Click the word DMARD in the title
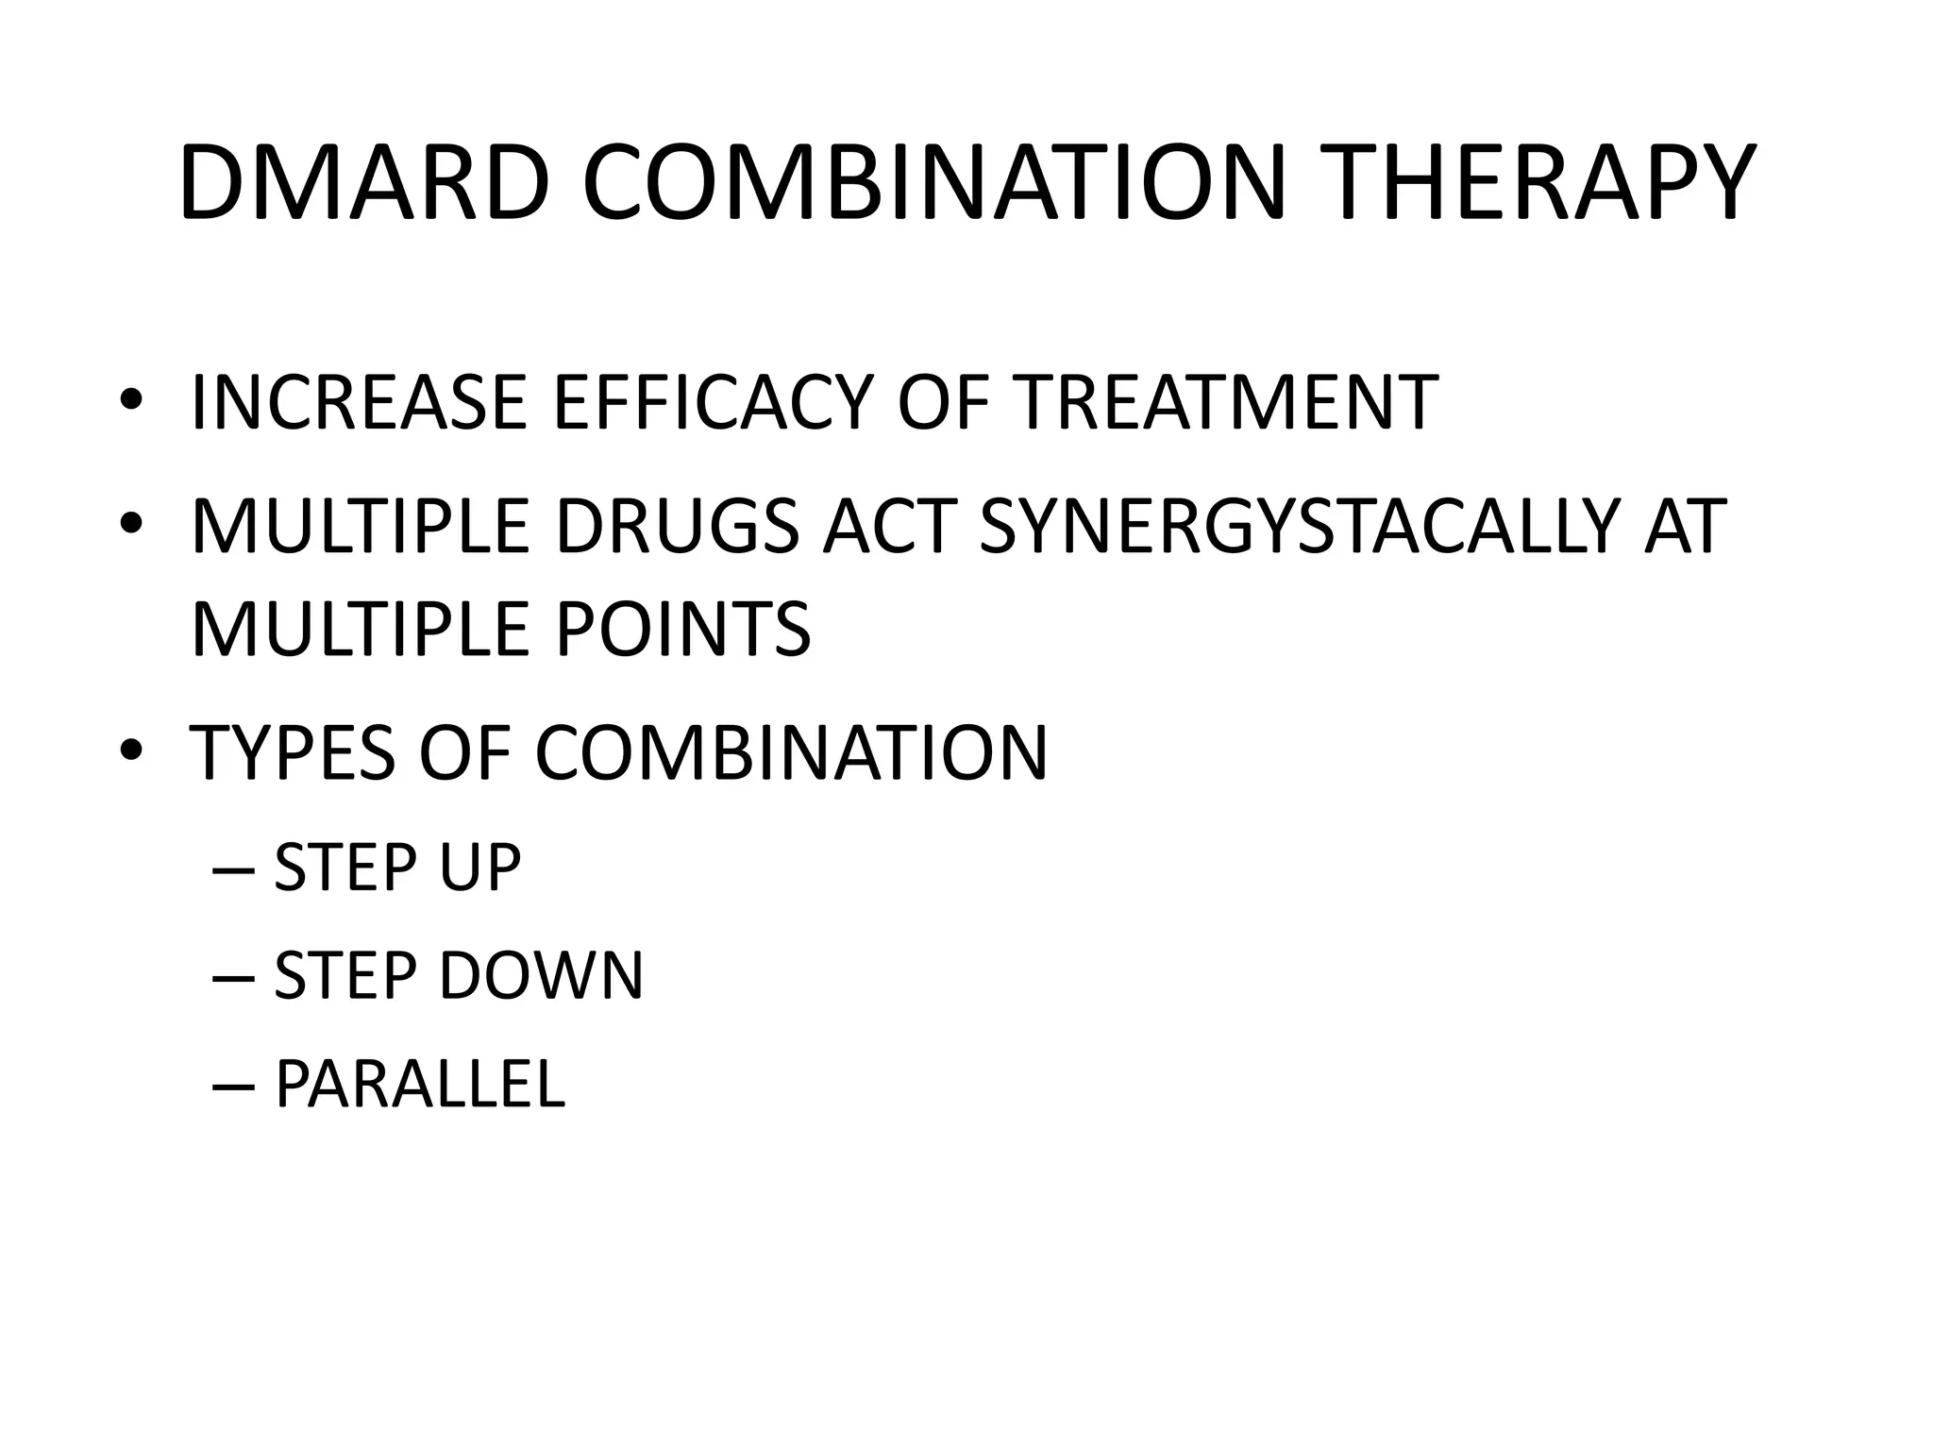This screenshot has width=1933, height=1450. click(x=363, y=184)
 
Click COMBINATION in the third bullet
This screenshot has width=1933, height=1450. click(x=791, y=752)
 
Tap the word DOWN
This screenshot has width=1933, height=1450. click(x=541, y=975)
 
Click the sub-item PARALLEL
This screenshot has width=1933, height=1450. click(x=419, y=1084)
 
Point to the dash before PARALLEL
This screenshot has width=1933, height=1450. click(x=233, y=1086)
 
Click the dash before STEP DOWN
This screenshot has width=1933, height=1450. click(x=233, y=977)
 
